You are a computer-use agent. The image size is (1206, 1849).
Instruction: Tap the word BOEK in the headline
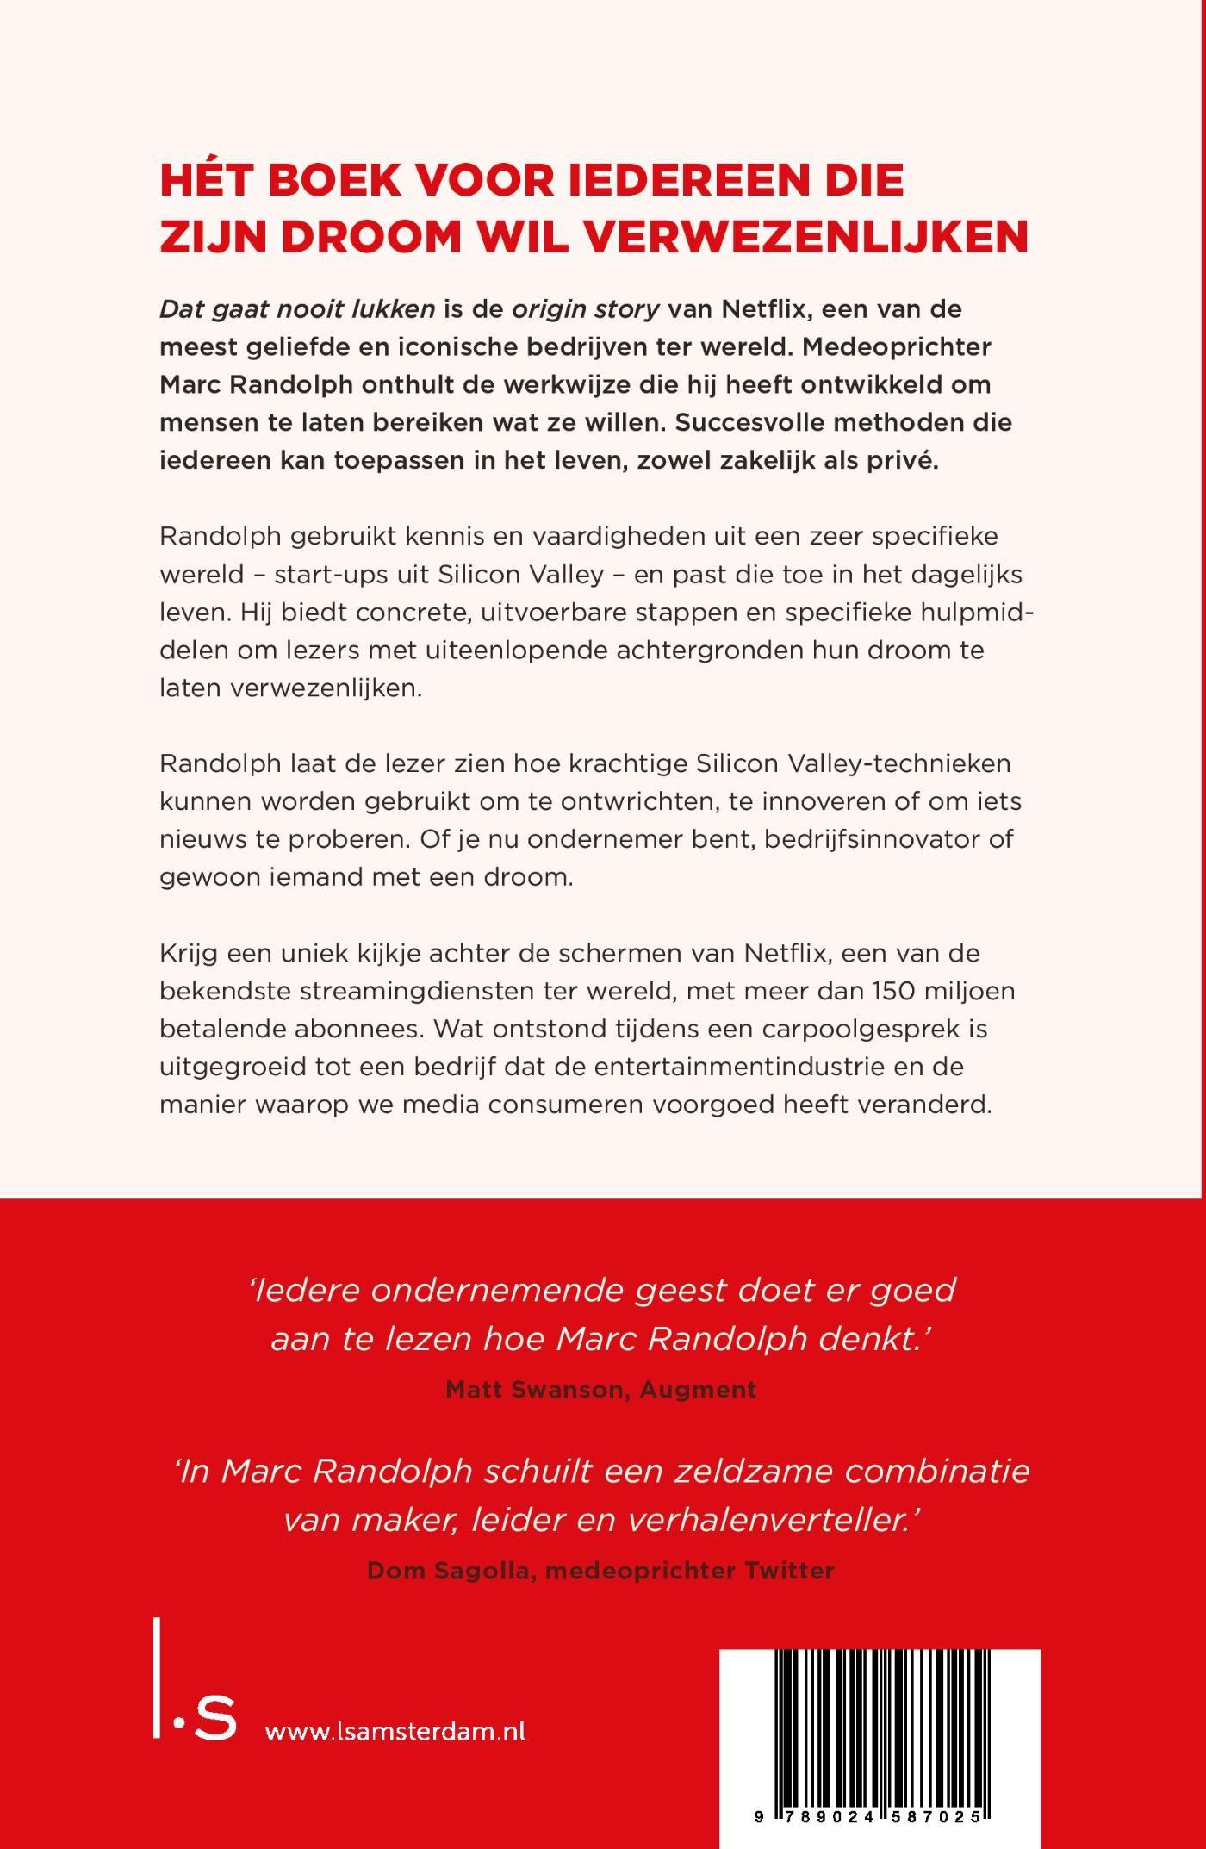click(335, 180)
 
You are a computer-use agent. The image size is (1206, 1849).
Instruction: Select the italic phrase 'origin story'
click(586, 308)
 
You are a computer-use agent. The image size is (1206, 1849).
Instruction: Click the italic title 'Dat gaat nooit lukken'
click(297, 309)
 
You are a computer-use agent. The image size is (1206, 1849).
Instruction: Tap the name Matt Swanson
click(537, 1390)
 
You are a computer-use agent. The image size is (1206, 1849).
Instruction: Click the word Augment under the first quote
click(699, 1390)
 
